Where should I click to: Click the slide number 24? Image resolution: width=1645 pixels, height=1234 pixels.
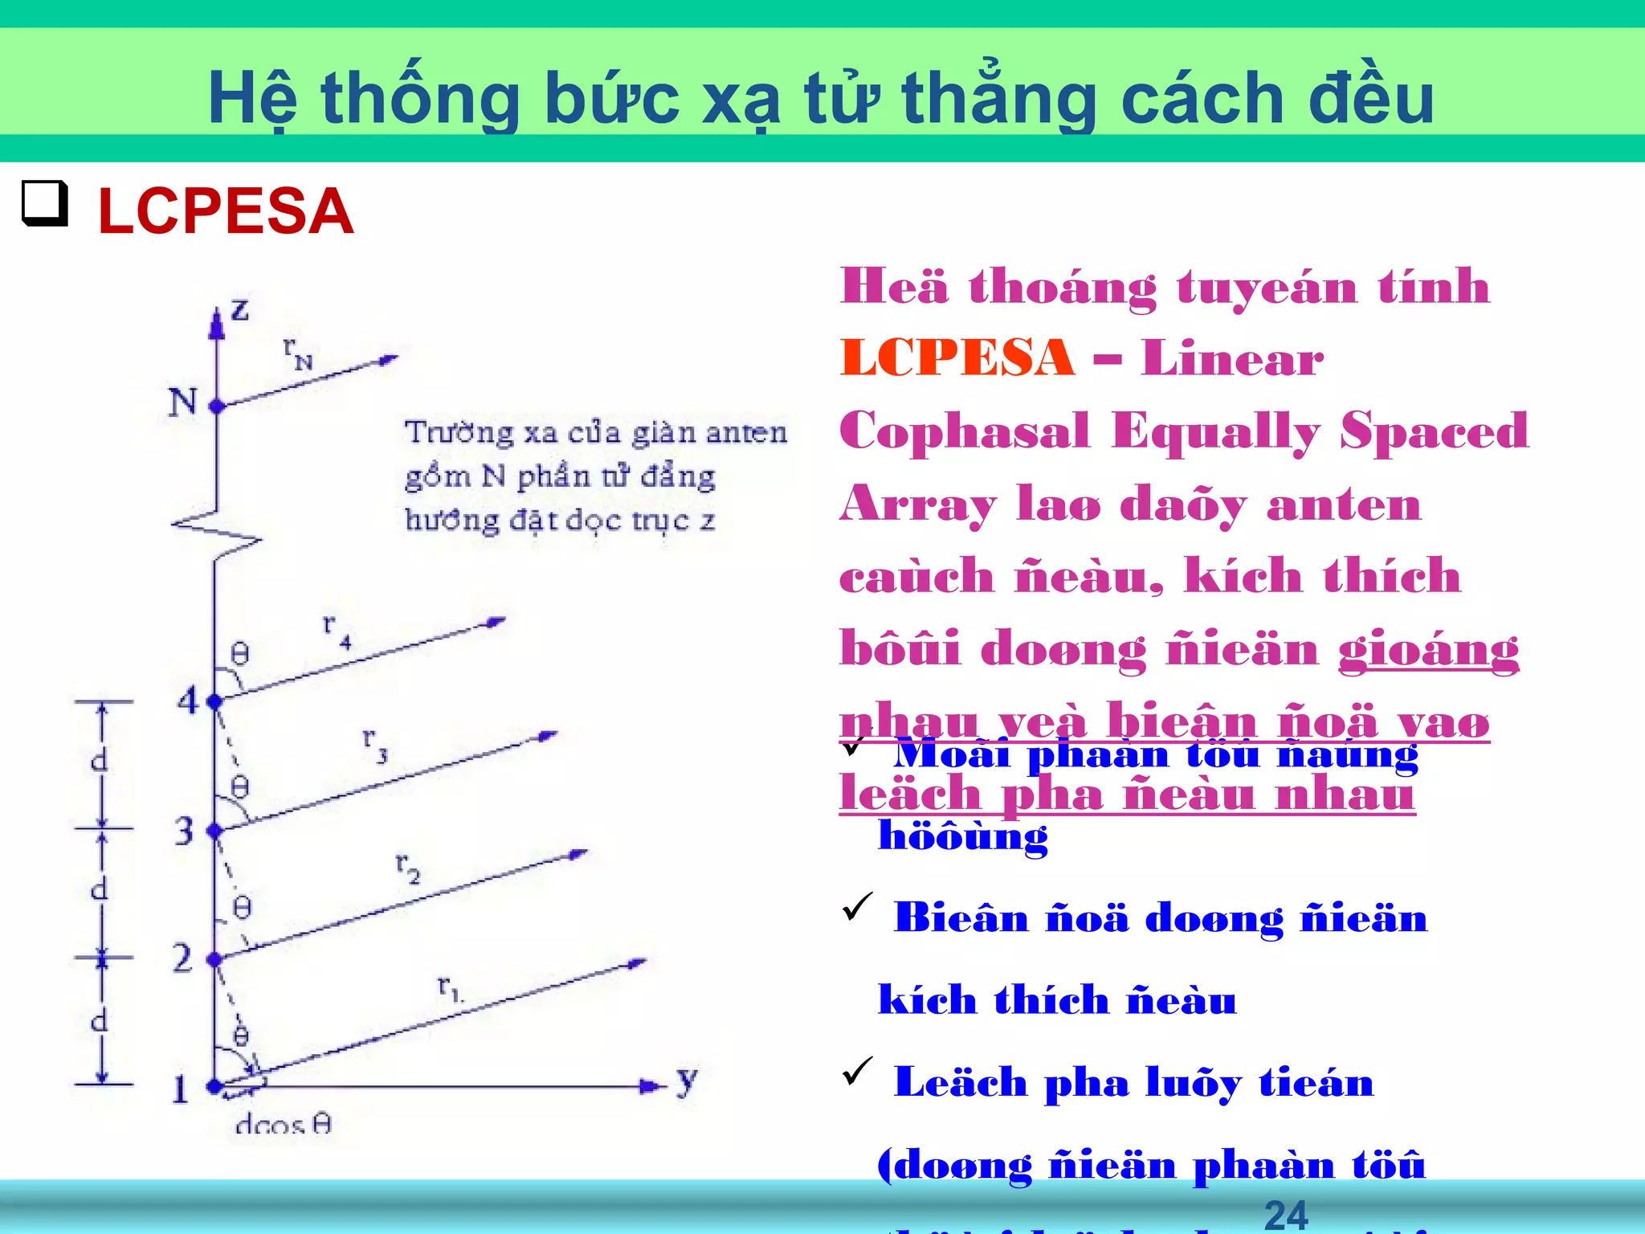[x=1286, y=1215]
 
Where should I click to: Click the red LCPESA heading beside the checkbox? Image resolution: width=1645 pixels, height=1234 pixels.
[x=226, y=211]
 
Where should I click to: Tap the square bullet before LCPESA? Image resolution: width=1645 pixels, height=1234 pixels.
[x=44, y=203]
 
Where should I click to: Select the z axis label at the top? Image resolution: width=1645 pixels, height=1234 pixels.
[x=239, y=309]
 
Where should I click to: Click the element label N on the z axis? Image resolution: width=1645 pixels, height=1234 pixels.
[x=183, y=401]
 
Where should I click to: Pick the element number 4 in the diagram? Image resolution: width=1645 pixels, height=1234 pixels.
[x=188, y=701]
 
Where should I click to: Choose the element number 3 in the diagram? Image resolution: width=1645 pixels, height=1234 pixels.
[x=185, y=831]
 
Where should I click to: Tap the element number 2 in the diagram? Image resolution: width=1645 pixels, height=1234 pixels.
[x=183, y=958]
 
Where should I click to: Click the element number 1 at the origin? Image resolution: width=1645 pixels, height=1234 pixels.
[x=181, y=1089]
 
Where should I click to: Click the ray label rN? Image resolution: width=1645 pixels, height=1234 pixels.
[x=297, y=353]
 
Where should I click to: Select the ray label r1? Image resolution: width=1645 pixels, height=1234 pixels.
[x=450, y=987]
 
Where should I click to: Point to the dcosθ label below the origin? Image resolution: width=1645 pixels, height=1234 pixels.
[x=284, y=1124]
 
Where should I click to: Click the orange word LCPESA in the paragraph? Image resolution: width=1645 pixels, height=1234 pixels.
[x=957, y=358]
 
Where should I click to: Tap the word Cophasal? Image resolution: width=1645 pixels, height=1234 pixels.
[x=965, y=431]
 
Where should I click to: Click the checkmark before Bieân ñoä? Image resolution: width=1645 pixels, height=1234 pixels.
[x=857, y=907]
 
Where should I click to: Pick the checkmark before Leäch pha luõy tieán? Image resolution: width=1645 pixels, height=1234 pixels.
[x=857, y=1071]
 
